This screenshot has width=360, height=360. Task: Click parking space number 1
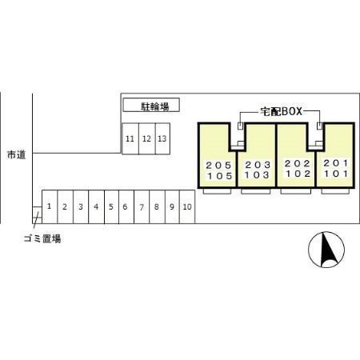50,206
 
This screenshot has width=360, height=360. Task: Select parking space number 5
111,206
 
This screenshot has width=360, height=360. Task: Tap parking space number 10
187,206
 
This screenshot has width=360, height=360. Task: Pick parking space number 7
142,206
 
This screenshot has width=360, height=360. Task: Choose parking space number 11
130,138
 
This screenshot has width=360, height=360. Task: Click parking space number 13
162,138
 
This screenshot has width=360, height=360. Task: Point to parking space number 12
147,138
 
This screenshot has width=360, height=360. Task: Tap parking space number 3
81,206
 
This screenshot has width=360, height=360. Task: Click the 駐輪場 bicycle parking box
151,105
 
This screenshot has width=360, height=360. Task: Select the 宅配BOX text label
282,111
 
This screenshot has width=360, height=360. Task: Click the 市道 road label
17,154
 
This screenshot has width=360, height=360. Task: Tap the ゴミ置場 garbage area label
42,238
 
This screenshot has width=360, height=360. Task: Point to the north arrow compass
326,250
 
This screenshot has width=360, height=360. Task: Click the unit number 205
218,166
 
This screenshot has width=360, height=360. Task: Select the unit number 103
257,175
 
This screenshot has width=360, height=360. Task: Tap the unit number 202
298,163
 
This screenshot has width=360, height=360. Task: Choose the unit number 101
336,174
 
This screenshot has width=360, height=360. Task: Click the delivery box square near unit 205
241,126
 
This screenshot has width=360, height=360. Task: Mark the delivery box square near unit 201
320,126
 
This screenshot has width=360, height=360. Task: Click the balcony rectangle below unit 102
296,191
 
